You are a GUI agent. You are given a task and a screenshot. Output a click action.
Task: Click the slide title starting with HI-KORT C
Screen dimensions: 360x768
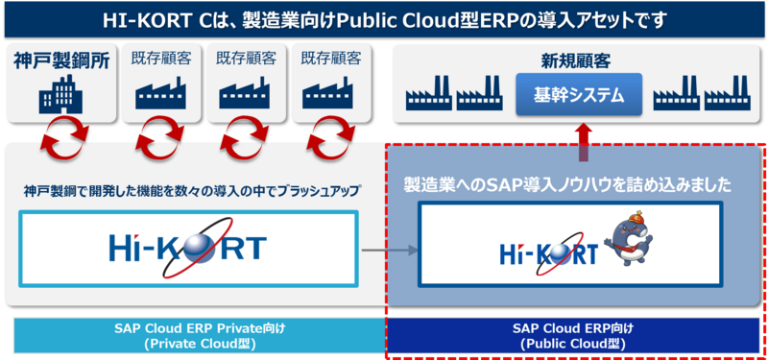(x=384, y=18)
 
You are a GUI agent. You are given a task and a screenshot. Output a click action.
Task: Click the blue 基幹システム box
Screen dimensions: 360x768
(x=578, y=96)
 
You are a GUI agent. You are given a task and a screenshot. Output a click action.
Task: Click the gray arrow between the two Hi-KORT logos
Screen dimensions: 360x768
(x=388, y=252)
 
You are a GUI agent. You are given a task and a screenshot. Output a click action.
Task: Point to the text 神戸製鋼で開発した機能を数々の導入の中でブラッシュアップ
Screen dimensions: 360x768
(x=192, y=191)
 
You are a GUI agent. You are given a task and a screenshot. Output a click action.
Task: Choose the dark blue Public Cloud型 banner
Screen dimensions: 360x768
(x=574, y=335)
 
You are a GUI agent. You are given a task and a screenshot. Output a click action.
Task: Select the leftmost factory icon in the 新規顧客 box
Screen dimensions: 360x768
(x=426, y=98)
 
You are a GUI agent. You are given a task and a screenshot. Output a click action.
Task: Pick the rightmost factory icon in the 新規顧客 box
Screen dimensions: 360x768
(x=728, y=98)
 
